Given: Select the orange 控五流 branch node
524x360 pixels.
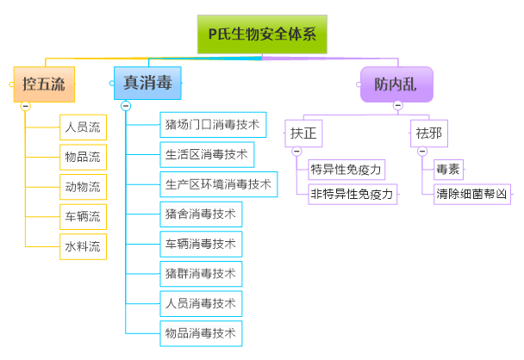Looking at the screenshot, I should (44, 84).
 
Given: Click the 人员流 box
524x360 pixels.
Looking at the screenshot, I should (83, 127).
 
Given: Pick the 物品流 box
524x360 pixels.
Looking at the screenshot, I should (83, 157).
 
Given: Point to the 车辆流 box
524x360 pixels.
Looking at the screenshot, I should (83, 215).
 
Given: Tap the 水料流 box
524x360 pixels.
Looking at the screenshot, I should (83, 245).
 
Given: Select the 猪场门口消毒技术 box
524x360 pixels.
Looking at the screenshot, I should (212, 124).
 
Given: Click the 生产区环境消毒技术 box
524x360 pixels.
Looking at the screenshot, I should (218, 183).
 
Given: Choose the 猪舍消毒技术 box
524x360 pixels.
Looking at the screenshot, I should (200, 213).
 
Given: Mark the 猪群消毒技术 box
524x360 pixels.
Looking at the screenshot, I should (200, 273).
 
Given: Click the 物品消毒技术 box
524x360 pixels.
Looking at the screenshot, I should (200, 332).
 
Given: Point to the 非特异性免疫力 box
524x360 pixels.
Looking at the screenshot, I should (352, 194).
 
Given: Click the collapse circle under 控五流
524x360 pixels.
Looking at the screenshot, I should (25, 106).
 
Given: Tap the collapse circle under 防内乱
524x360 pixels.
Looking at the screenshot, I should (397, 106).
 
